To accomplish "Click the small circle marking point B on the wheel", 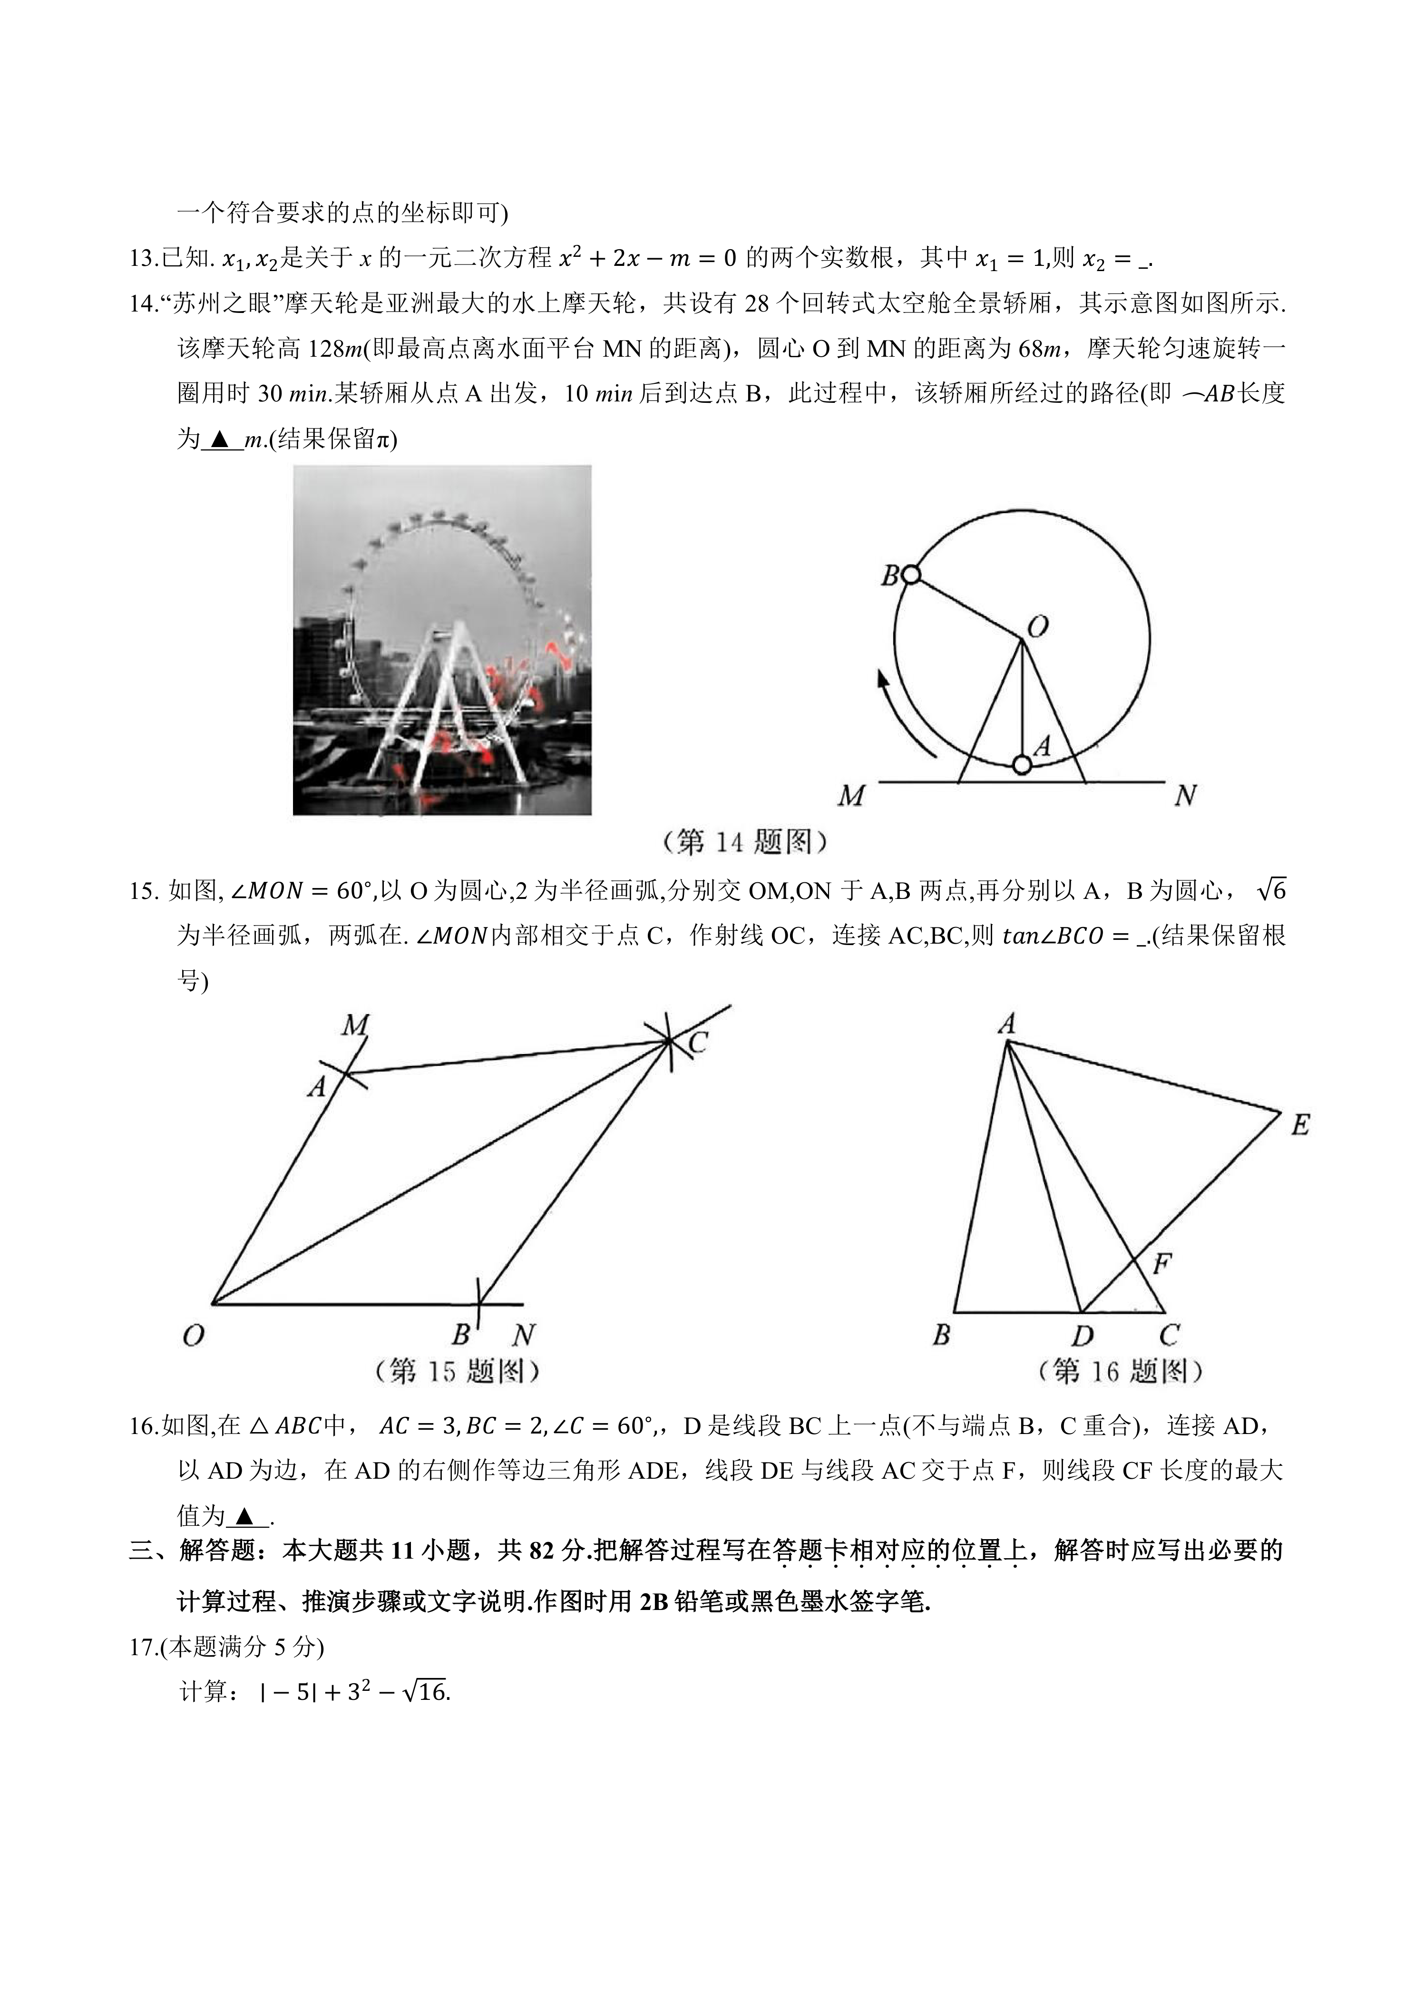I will point(910,575).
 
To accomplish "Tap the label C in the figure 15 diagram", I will point(697,1043).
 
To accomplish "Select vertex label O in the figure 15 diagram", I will point(194,1336).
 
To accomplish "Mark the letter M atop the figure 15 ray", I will point(355,1025).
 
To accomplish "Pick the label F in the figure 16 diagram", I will point(1161,1263).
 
